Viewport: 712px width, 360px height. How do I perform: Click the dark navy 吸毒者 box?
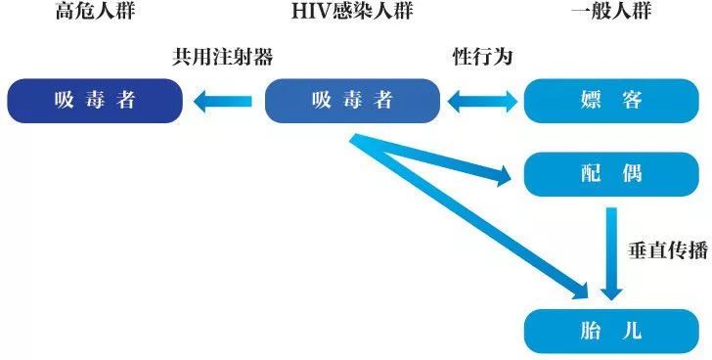click(95, 101)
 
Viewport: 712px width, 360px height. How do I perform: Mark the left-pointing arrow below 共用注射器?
click(224, 100)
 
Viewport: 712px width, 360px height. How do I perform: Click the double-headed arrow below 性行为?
click(481, 100)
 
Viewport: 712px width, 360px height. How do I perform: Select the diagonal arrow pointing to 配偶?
click(440, 160)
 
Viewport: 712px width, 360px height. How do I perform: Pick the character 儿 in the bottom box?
click(633, 331)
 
